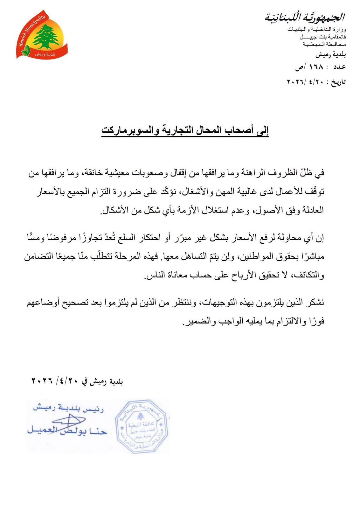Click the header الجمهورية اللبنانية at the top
pos(305,17)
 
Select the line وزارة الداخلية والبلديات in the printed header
pos(316,30)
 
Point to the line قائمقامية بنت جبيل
pos(322,37)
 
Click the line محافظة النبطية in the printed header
pos(324,44)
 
